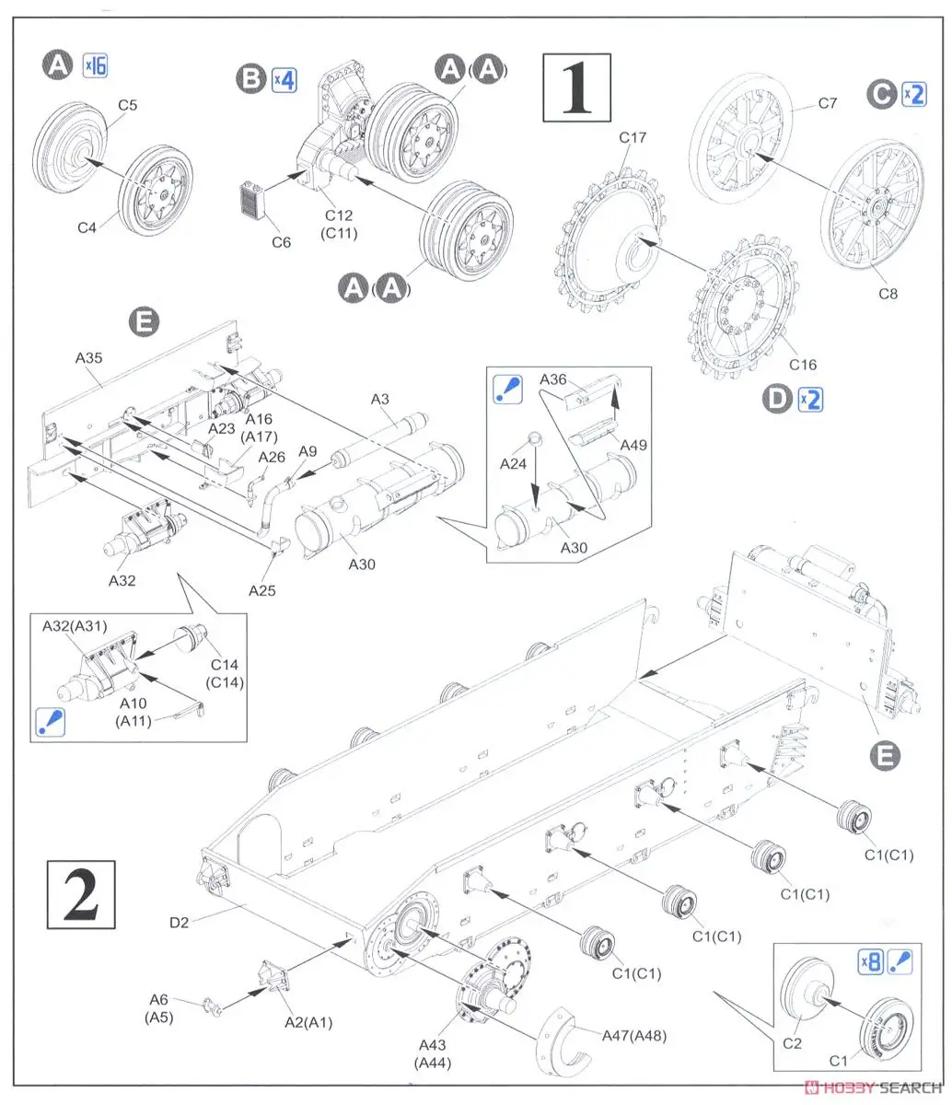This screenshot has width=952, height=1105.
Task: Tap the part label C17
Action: (x=633, y=138)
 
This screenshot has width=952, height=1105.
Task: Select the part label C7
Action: (x=827, y=103)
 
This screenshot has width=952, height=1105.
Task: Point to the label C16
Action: (x=802, y=366)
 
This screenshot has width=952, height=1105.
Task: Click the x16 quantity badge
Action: (x=95, y=65)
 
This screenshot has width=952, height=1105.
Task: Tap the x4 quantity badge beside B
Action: (x=284, y=79)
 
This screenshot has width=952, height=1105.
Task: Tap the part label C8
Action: (x=887, y=294)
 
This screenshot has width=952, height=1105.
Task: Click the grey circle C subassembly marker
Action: (x=882, y=94)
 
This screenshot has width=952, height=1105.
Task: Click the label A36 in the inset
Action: (x=552, y=379)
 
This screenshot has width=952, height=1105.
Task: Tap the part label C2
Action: (x=794, y=1044)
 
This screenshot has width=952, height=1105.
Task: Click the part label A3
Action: (x=379, y=398)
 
